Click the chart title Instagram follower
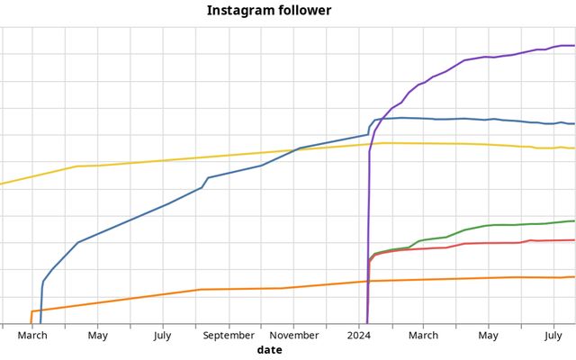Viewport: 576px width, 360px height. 269,11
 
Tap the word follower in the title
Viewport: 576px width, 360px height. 302,11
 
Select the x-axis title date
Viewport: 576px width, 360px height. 269,349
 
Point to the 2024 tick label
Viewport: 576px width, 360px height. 359,336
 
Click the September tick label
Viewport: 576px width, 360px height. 229,336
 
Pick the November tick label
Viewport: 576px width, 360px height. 294,336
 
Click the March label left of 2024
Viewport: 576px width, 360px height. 32,336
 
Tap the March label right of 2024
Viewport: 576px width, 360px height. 424,336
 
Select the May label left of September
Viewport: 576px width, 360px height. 98,336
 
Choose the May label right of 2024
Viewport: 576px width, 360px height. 489,336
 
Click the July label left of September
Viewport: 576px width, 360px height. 163,336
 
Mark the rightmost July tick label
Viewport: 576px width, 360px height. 554,336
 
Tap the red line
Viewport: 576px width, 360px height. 486,243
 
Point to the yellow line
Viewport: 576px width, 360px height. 180,159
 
